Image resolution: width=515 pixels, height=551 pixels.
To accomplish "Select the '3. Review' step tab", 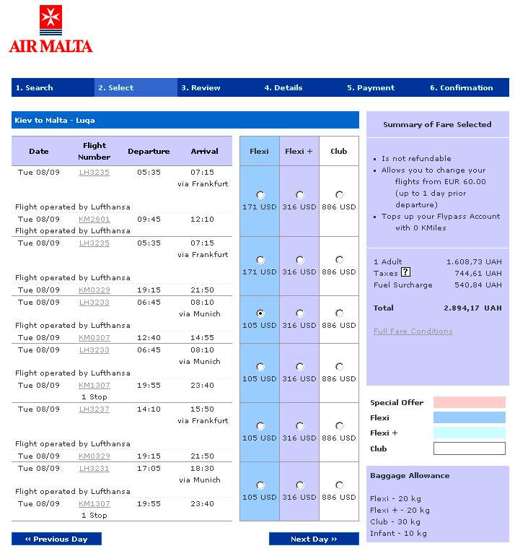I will click(201, 88).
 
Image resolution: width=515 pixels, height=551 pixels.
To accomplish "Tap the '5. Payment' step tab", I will click(370, 88).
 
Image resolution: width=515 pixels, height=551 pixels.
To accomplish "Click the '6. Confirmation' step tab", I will click(461, 88).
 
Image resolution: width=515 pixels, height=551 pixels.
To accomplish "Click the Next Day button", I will click(314, 539).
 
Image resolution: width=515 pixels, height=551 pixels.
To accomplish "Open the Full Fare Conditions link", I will click(413, 331).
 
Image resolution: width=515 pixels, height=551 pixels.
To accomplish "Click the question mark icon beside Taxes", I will click(405, 272).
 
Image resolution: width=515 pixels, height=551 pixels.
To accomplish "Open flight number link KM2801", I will click(94, 220).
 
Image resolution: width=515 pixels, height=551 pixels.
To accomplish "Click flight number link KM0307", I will click(94, 338).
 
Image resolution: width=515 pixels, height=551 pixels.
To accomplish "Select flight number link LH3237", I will click(94, 409).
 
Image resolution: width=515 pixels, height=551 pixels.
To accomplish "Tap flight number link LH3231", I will click(94, 468).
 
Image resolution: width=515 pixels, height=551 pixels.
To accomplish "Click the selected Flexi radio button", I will click(260, 313).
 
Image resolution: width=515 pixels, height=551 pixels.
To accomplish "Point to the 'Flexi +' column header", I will click(299, 152).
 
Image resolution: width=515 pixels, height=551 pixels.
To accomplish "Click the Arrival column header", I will click(204, 152).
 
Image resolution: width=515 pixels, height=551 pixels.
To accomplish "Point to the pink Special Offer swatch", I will click(469, 402).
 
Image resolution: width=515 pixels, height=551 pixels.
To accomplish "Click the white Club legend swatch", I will click(469, 448).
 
